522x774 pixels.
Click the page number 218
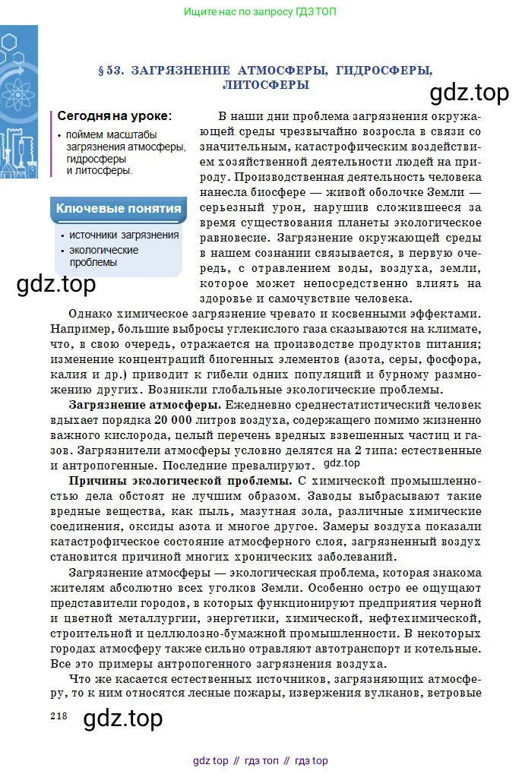[59, 716]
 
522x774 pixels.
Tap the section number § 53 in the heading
[111, 71]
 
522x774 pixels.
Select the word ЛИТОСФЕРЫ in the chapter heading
[266, 85]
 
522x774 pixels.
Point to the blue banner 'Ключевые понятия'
[119, 208]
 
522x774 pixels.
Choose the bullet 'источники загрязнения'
[124, 235]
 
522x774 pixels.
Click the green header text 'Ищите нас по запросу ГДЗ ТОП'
[261, 11]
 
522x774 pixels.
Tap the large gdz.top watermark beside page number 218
[122, 718]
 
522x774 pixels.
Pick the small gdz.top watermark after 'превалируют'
[342, 463]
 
